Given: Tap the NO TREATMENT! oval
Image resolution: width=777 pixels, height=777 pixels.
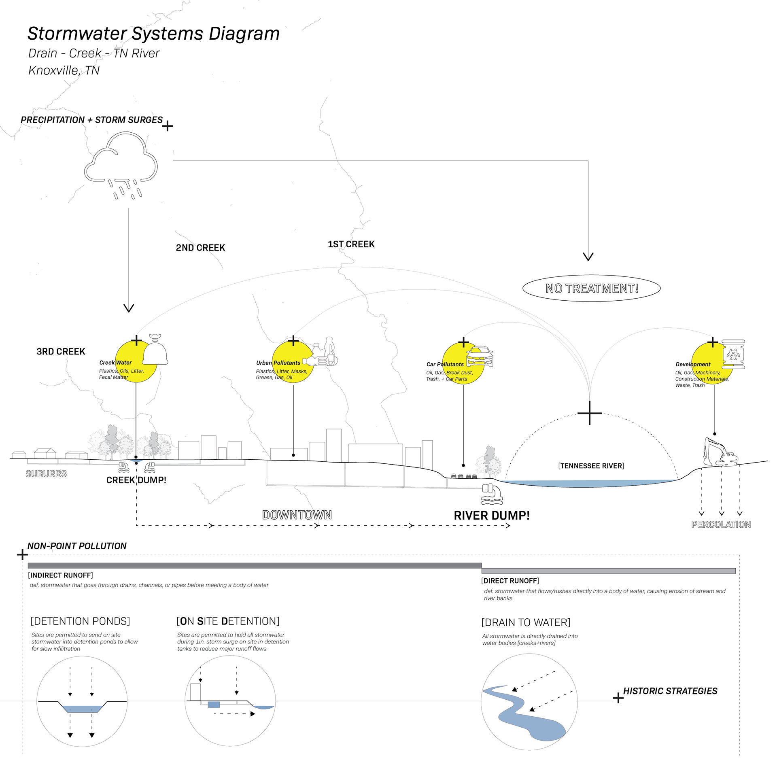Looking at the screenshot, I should click(591, 289).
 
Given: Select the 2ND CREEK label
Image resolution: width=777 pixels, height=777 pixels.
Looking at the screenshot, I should click(200, 248).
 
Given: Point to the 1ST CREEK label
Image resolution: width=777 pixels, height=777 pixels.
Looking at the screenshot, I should click(351, 244).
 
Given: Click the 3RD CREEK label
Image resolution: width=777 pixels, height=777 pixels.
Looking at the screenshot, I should click(61, 351).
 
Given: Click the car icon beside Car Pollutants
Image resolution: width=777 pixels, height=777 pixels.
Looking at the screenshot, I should click(480, 356).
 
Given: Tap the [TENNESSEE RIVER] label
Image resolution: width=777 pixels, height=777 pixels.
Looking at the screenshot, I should click(591, 466).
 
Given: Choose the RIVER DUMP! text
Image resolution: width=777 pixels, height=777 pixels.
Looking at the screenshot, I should click(491, 516).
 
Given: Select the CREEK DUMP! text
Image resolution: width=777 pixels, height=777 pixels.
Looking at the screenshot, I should click(136, 480).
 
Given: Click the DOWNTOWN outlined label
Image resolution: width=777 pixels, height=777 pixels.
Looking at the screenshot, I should click(297, 515).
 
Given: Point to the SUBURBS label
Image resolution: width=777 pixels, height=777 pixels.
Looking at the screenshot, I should click(46, 473).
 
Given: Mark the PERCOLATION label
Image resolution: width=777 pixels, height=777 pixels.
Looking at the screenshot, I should click(721, 524).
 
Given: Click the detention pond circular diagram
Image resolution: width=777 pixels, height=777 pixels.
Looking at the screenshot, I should click(82, 701).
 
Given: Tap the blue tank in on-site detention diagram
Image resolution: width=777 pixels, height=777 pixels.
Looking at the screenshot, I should click(214, 705).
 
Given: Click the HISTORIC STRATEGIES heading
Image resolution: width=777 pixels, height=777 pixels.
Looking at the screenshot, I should click(670, 691).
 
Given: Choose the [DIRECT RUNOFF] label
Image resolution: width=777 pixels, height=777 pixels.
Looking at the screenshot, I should click(510, 581).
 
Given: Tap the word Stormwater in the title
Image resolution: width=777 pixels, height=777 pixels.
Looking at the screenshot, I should click(77, 34).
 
